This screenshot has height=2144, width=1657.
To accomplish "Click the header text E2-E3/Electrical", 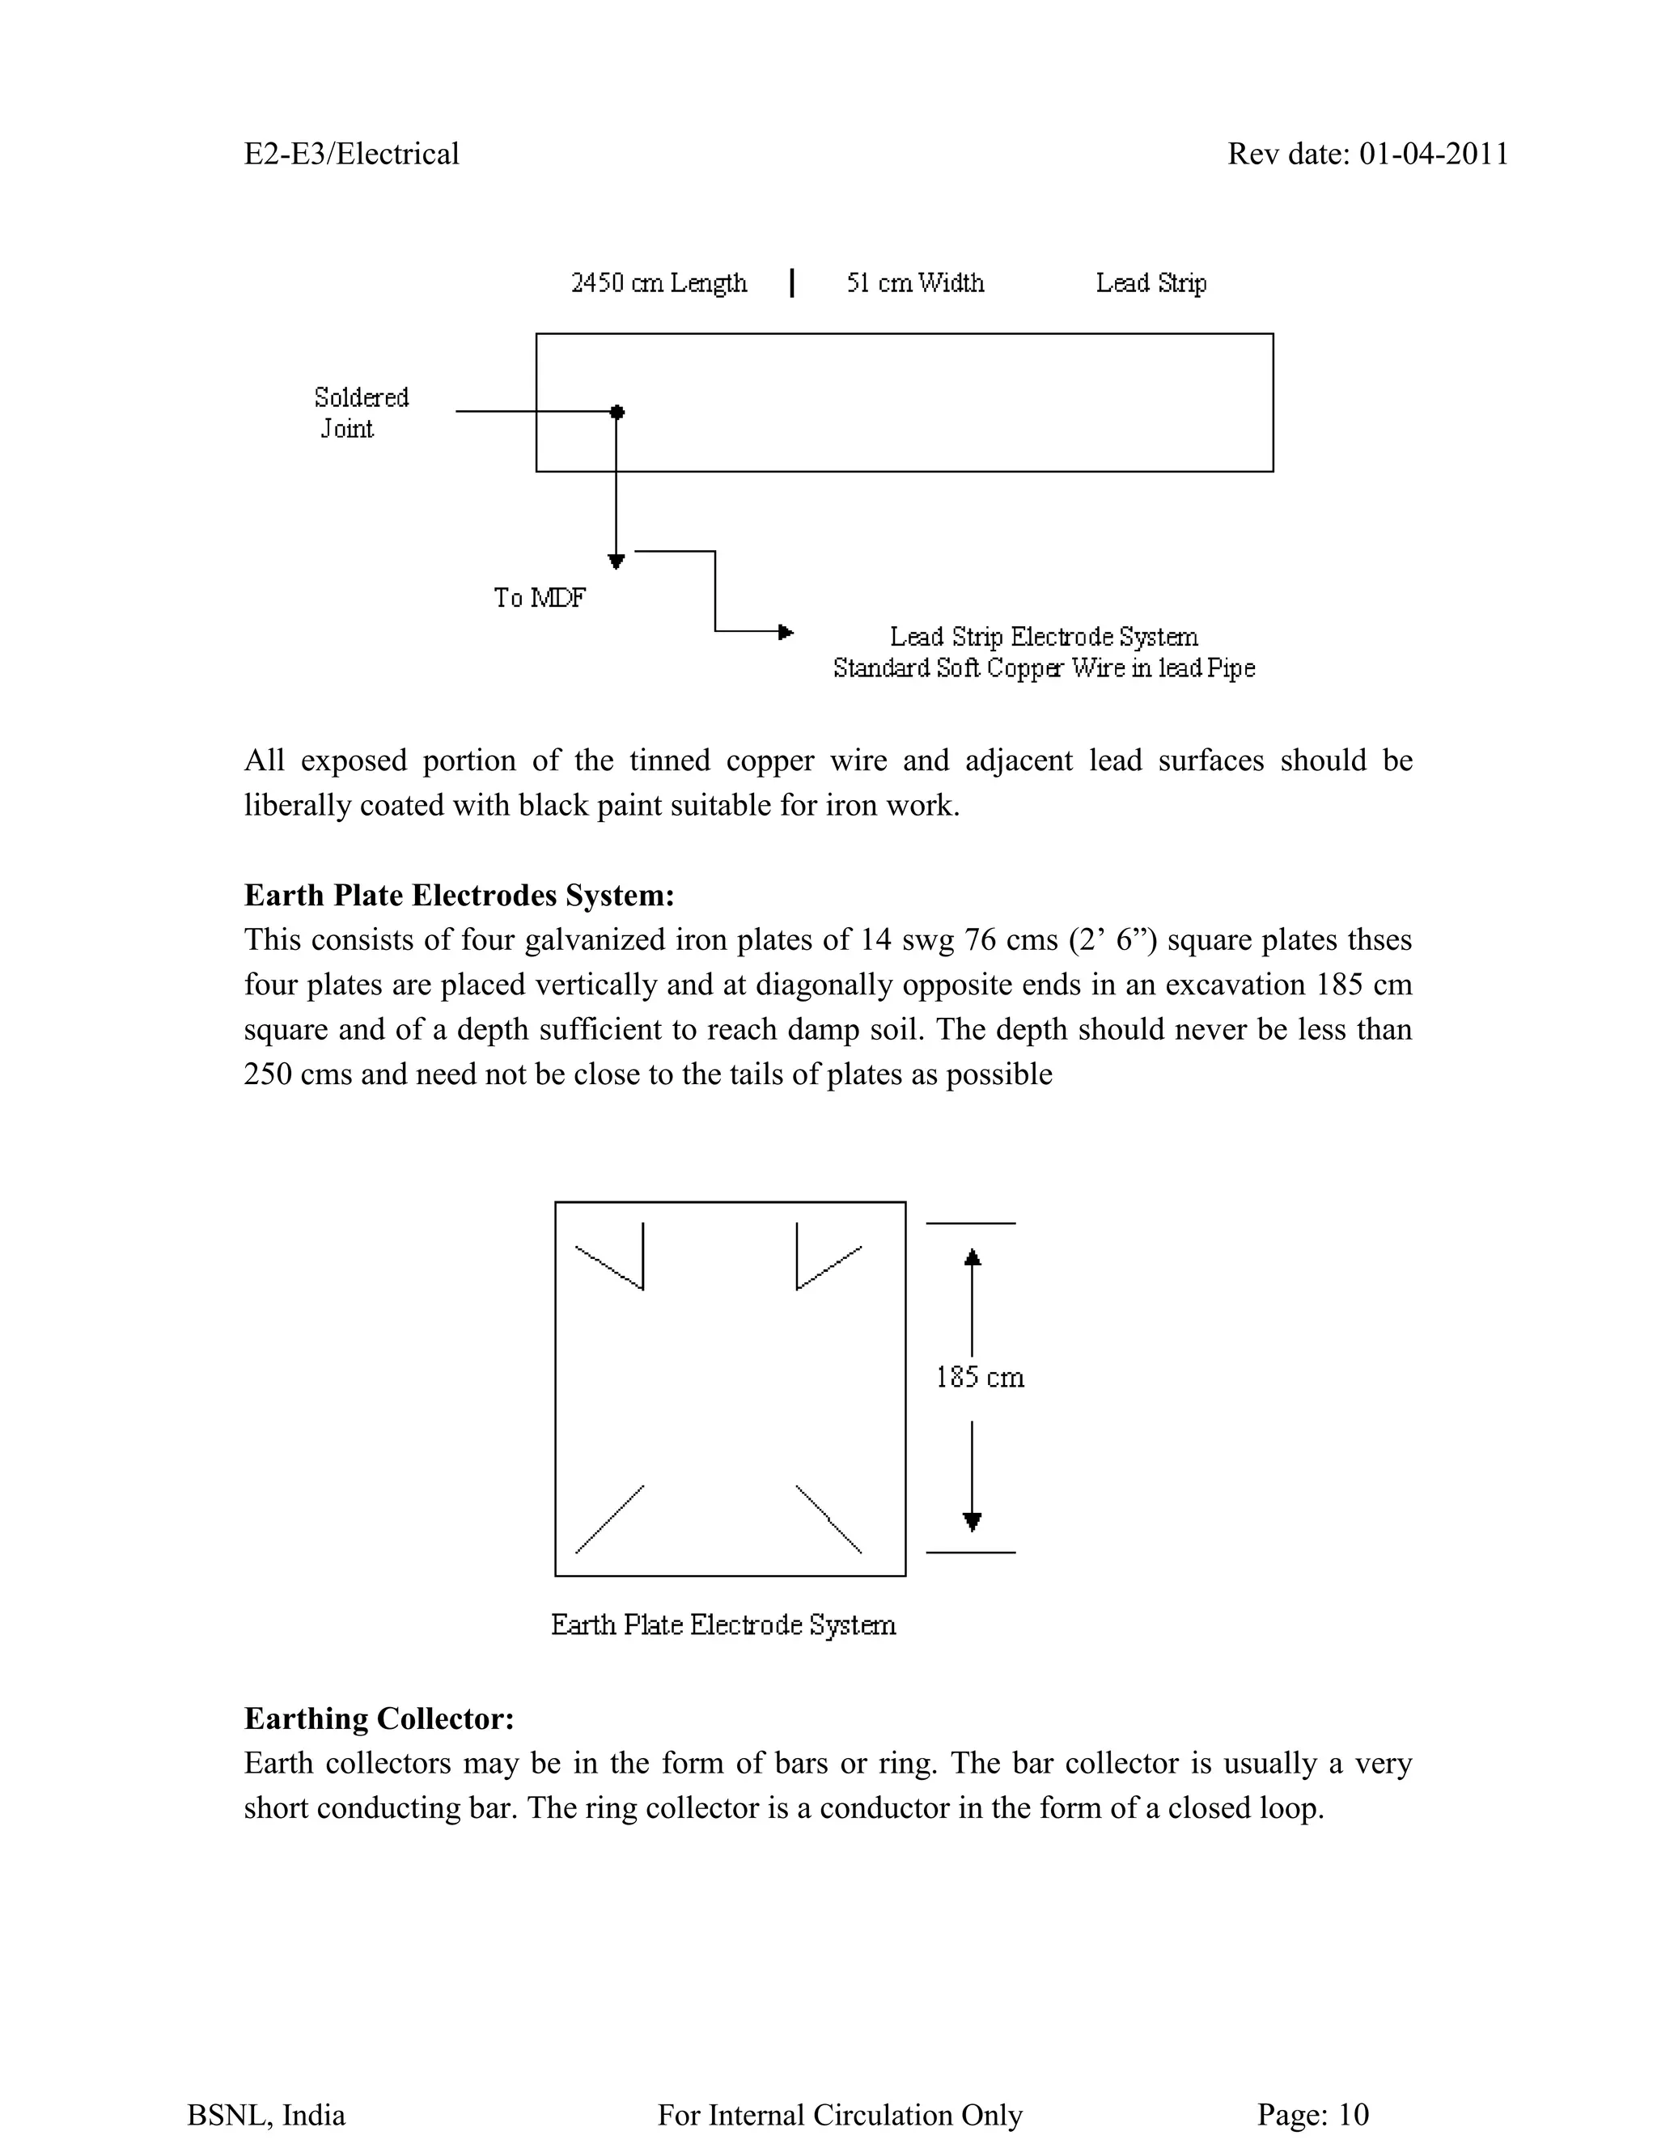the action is point(351,154).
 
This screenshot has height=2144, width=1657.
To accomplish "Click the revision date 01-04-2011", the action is point(1433,154).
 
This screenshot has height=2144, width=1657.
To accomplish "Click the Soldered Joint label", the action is point(360,413).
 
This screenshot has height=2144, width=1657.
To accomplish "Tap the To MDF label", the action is point(539,597).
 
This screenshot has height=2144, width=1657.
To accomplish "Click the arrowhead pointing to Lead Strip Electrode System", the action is point(786,632).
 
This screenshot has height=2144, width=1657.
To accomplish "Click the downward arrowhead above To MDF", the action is point(617,561).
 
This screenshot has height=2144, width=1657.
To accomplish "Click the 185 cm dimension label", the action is point(980,1377).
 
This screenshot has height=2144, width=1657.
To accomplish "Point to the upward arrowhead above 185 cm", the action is point(972,1257).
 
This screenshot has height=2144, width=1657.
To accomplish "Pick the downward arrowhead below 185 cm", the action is point(972,1522).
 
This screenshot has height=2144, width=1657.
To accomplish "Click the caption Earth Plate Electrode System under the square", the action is point(723,1625).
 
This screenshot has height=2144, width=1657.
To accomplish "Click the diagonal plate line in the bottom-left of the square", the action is point(609,1519).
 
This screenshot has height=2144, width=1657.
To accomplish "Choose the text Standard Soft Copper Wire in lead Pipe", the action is point(1044,667).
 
